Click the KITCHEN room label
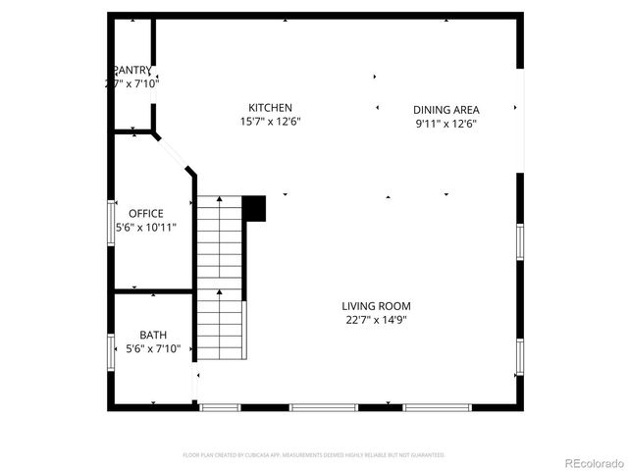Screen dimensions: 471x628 pos(270,108)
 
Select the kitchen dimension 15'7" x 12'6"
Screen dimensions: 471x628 pos(270,123)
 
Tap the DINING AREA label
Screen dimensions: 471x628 pos(445,110)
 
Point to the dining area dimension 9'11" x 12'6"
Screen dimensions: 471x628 pos(445,125)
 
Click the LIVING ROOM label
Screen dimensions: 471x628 pos(376,306)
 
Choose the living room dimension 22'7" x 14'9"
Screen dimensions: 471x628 pos(376,320)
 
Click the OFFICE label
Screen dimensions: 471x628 pos(146,214)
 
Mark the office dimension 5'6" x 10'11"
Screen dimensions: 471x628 pos(146,228)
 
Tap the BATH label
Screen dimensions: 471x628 pos(153,336)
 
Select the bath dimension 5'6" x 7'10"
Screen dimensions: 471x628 pos(153,349)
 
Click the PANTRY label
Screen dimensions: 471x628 pos(133,70)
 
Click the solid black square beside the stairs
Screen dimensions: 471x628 pos(254,207)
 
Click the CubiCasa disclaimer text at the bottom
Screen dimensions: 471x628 pos(314,455)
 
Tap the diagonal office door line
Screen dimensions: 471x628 pos(175,152)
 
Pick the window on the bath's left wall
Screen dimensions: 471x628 pos(111,351)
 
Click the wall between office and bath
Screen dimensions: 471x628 pos(153,291)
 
